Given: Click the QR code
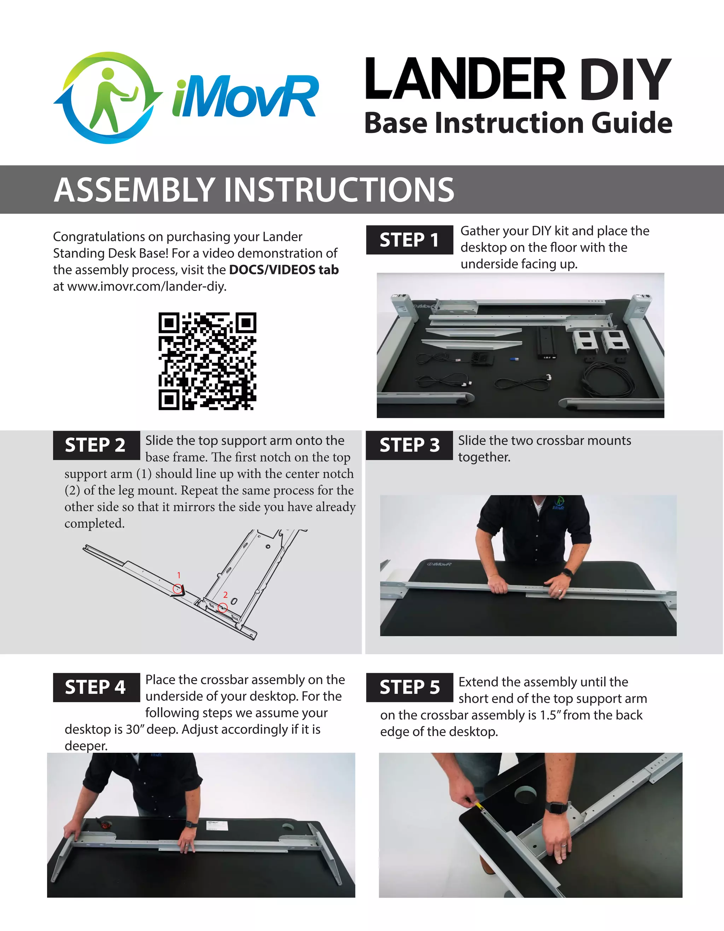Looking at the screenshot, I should [207, 361].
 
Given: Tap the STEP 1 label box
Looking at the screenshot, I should [409, 240].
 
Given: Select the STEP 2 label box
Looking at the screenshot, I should [96, 446].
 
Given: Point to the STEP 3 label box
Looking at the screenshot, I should [409, 446].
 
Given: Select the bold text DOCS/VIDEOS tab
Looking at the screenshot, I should [284, 270].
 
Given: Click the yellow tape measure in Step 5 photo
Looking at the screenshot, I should [480, 805].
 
